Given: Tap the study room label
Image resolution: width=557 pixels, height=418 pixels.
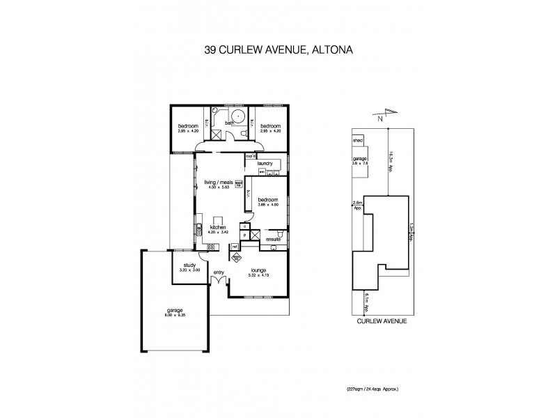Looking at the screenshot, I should pos(189,265).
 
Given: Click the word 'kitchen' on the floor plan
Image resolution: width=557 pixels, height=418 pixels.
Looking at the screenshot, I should pos(219,228).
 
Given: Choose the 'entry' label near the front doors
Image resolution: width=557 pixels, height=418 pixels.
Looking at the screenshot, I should pos(219,272).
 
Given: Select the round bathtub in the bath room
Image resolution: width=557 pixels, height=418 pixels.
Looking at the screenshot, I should pos(238,118).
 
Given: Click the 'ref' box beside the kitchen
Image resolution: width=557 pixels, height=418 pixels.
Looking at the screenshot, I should pos(235,246).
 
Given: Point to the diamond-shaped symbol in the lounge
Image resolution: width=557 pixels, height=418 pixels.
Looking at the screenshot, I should pos(237,257).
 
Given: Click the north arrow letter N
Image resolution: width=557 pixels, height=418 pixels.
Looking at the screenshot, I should pos(380,119).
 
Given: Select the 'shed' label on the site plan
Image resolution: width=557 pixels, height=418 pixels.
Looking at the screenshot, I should pos(359,141).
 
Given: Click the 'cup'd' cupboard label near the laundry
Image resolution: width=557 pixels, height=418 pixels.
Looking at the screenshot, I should pos(249,156).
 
